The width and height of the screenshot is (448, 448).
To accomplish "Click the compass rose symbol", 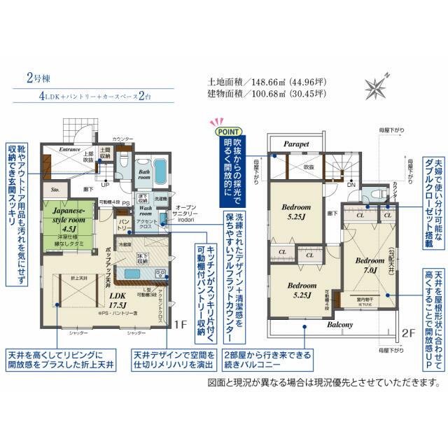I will point(377,87).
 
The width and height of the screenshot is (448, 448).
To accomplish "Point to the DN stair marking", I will point(351,185).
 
